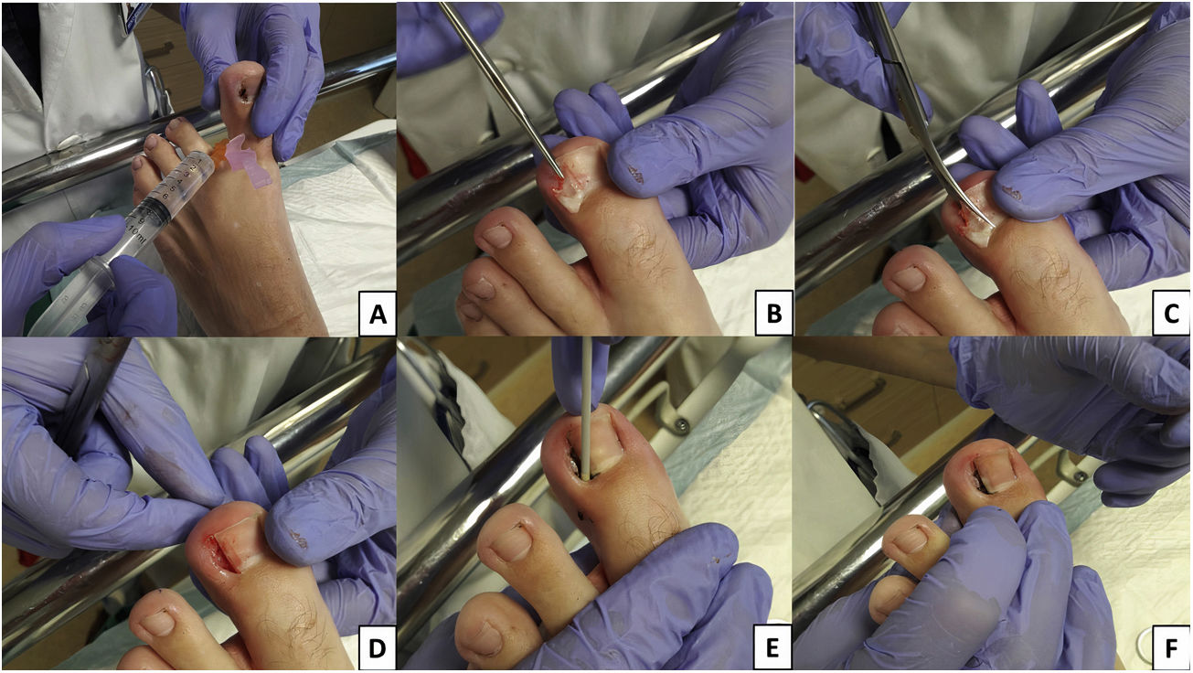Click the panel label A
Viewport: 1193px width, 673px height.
click(378, 315)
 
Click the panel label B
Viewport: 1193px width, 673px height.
click(774, 315)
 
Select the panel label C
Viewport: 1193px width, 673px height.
click(1171, 315)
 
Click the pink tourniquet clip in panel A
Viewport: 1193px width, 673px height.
click(247, 162)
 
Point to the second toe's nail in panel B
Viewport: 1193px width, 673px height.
click(496, 237)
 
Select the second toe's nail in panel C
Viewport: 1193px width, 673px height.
click(910, 279)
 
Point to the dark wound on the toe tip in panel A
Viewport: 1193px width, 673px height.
click(244, 92)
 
